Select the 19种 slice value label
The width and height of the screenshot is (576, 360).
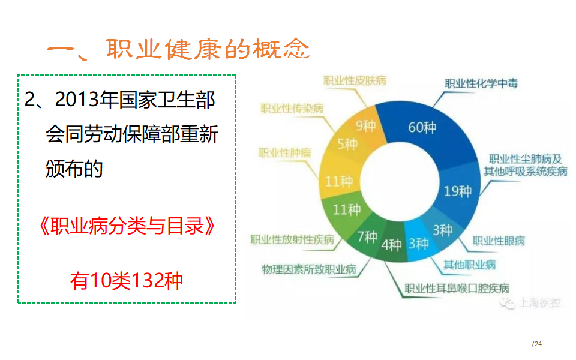[457, 191]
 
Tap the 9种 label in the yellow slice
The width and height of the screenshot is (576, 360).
[365, 126]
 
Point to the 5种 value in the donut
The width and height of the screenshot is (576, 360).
[347, 144]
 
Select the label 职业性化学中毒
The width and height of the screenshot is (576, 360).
[481, 83]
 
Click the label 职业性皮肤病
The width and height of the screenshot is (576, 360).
[355, 80]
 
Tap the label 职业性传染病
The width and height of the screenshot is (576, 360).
[292, 109]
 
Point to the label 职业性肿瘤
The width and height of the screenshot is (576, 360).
[285, 152]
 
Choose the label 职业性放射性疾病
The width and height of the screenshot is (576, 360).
[292, 239]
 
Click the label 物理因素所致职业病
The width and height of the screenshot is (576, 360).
[309, 269]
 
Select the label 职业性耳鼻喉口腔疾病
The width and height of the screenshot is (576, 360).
[457, 289]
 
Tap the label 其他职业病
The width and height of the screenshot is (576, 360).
[469, 265]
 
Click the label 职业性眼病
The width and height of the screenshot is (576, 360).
[499, 241]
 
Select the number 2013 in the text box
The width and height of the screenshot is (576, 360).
[77, 100]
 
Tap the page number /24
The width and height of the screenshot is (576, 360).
[536, 344]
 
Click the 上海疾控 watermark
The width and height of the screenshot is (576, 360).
[530, 303]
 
